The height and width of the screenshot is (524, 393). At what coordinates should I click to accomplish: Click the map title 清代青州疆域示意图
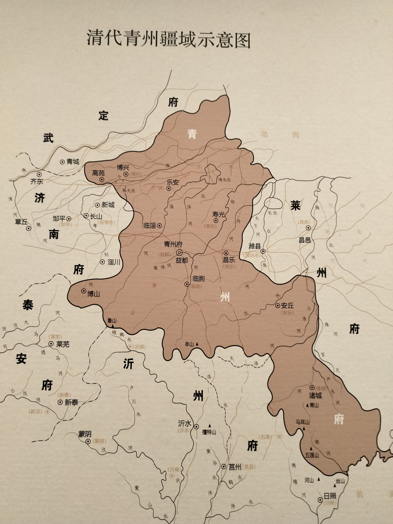[x=168, y=39]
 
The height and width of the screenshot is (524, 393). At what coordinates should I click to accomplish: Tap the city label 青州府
[x=173, y=244]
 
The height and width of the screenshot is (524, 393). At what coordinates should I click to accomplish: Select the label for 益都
[x=181, y=260]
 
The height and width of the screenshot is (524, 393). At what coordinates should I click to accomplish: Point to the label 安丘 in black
[x=288, y=305]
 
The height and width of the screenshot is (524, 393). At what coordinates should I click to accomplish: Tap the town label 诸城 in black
[x=315, y=395]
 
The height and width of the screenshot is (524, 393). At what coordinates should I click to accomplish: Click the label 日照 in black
[x=330, y=496]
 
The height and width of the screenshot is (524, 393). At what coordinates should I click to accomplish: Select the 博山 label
[x=93, y=294]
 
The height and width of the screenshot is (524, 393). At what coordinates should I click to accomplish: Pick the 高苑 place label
[x=99, y=173]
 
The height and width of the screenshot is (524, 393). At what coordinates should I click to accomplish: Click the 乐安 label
[x=173, y=183]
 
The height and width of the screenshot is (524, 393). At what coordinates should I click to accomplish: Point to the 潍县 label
[x=255, y=246]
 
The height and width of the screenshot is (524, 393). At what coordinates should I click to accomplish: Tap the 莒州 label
[x=235, y=466]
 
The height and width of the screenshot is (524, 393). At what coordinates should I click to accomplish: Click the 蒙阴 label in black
[x=85, y=434]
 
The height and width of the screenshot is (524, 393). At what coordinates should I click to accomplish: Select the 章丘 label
[x=21, y=221]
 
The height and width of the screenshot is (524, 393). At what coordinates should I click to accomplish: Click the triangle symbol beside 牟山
[x=197, y=344]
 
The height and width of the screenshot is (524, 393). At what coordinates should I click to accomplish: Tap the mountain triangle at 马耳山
[x=304, y=428]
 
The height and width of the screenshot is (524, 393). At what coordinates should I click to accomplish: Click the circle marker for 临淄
[x=159, y=225]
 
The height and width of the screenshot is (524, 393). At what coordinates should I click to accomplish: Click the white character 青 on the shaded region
[x=192, y=134]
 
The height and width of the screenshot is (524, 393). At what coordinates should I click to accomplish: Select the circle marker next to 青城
[x=62, y=162]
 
